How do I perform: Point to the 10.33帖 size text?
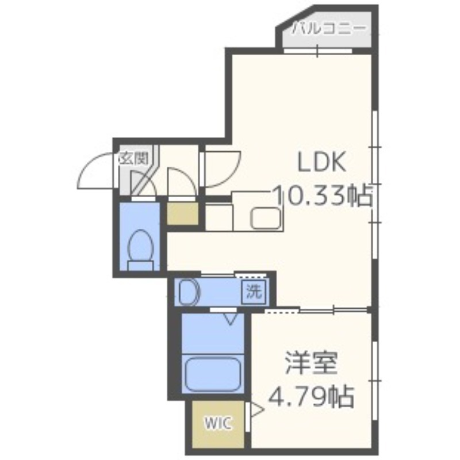[323, 196]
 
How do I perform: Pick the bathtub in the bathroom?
[213, 374]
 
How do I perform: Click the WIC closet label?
[217, 424]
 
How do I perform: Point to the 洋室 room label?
[311, 363]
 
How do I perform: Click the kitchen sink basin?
[266, 218]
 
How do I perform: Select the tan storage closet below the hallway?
[182, 213]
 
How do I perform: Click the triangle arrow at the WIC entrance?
[255, 410]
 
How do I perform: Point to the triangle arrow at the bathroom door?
[231, 317]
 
